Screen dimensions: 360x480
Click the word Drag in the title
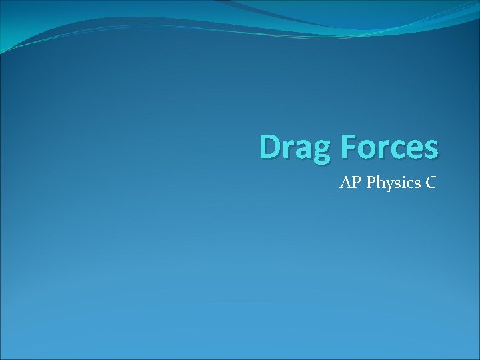point(294,147)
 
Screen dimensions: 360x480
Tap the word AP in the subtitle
point(349,182)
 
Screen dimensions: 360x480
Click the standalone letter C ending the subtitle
point(430,182)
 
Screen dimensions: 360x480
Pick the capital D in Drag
point(271,147)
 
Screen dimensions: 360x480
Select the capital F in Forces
point(346,147)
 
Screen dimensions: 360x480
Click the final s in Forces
point(429,149)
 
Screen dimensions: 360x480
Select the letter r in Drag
point(288,149)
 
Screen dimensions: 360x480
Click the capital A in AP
point(345,182)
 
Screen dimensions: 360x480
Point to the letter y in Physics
point(383,185)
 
